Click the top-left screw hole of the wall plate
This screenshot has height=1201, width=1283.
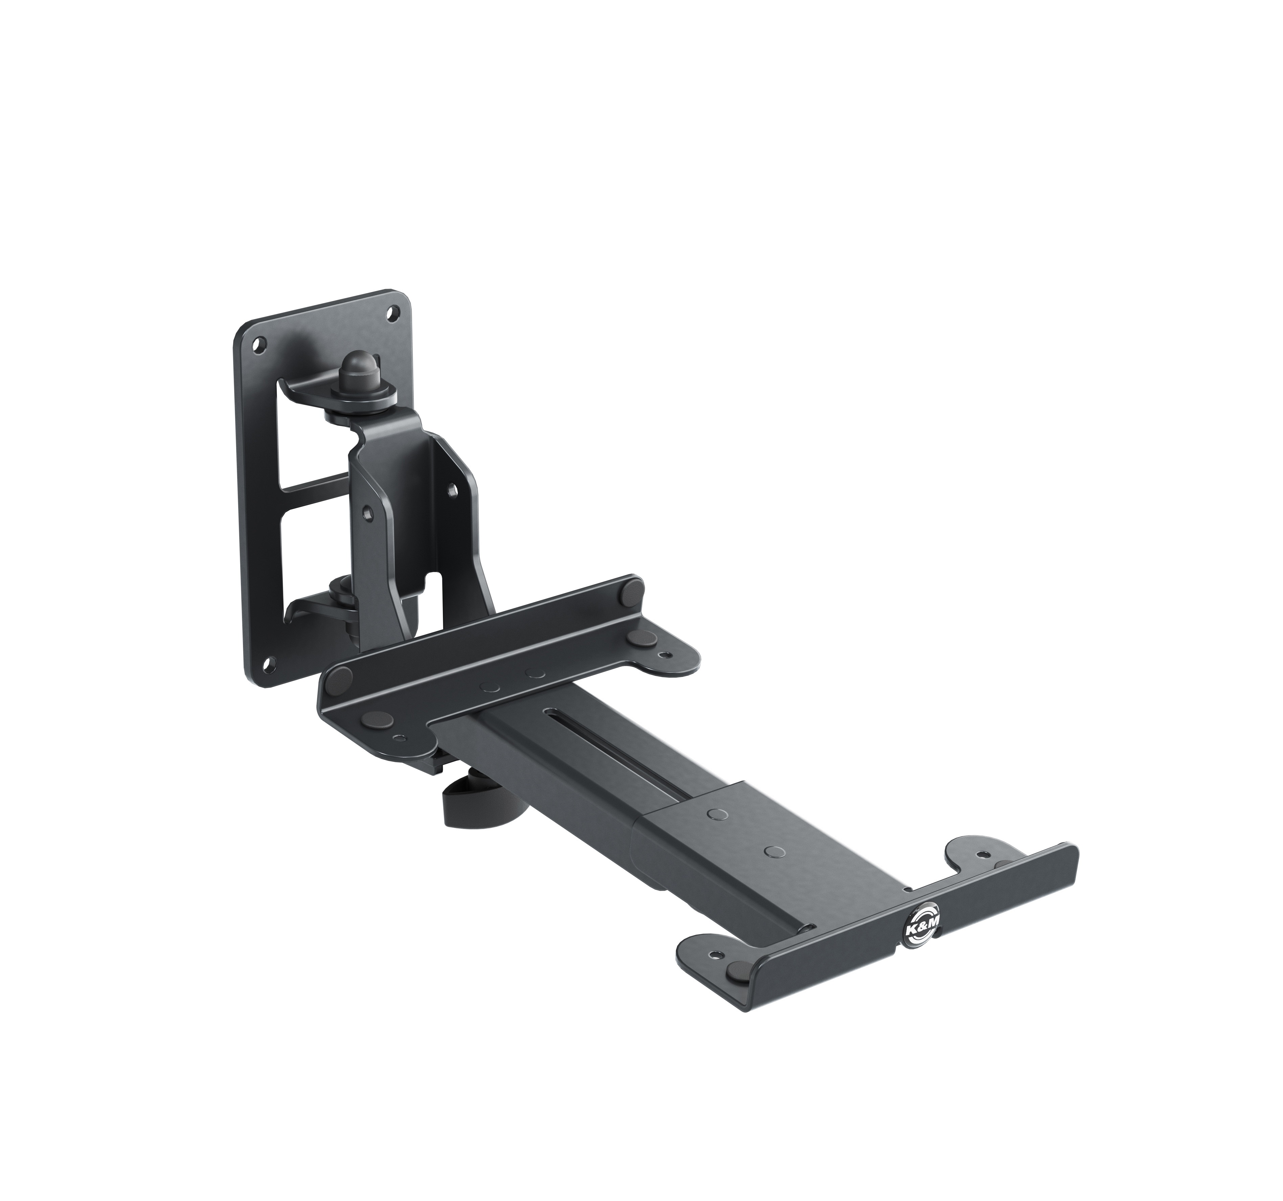tap(259, 345)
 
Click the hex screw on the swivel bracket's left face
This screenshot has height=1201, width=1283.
tap(367, 512)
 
